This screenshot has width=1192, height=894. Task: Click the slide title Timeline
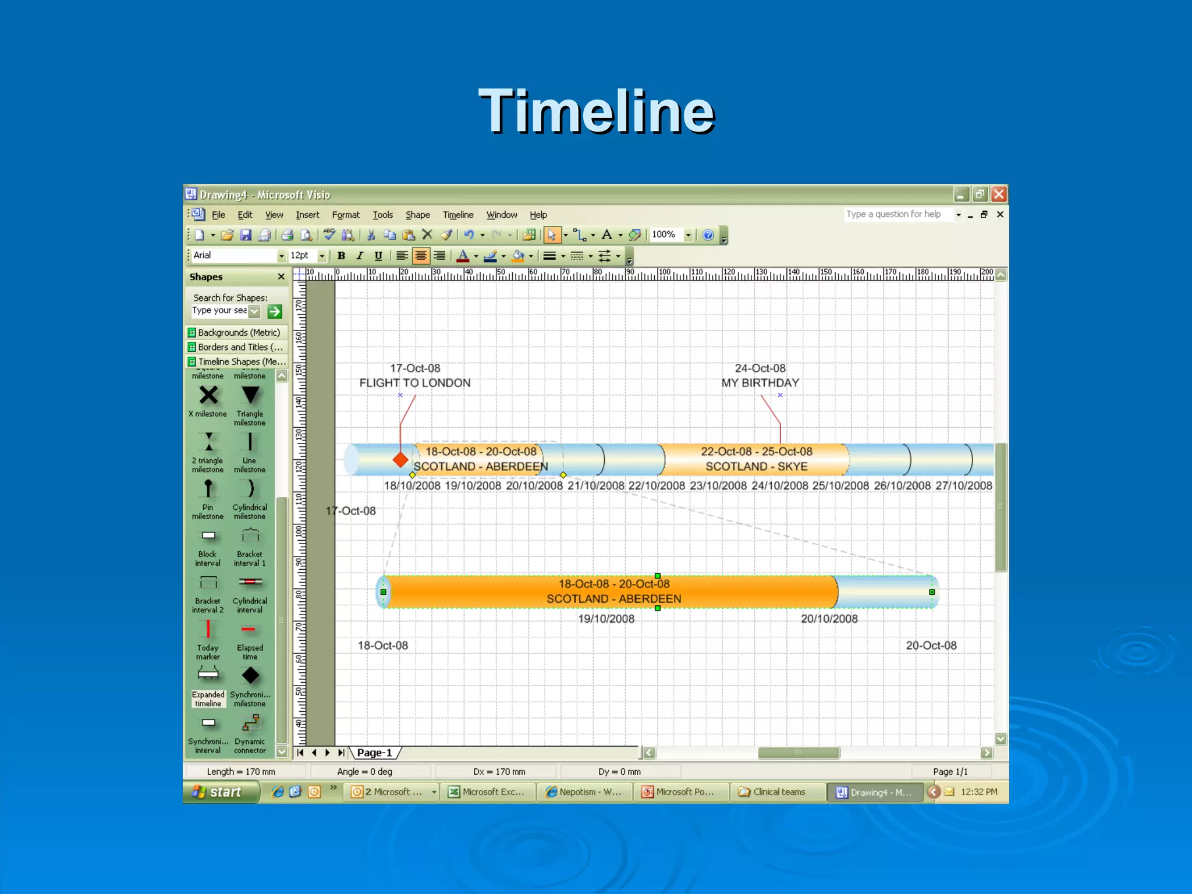point(596,112)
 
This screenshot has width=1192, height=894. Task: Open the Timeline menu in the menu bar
point(457,215)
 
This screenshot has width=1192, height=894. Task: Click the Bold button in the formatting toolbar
point(342,256)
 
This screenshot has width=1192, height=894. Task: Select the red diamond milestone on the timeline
point(400,460)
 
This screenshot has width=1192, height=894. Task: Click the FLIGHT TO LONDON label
point(415,383)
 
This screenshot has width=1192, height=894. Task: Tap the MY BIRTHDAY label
point(760,383)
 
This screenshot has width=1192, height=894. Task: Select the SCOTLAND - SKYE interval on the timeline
point(756,459)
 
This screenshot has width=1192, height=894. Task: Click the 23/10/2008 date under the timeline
point(718,486)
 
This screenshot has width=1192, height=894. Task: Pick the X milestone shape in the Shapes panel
point(208,396)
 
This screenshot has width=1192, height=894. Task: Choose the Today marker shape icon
point(208,630)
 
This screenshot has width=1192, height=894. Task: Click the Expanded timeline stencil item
point(208,676)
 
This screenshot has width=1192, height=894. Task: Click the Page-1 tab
point(374,753)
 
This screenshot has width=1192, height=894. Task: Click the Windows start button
point(220,792)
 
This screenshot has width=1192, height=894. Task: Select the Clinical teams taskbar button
point(778,792)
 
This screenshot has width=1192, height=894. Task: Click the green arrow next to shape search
point(275,311)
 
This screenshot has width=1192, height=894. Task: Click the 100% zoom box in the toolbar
point(665,235)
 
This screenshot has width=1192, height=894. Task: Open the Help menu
point(538,215)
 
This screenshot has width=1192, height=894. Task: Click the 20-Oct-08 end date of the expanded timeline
point(931,645)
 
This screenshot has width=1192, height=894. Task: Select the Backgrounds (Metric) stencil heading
point(239,332)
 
